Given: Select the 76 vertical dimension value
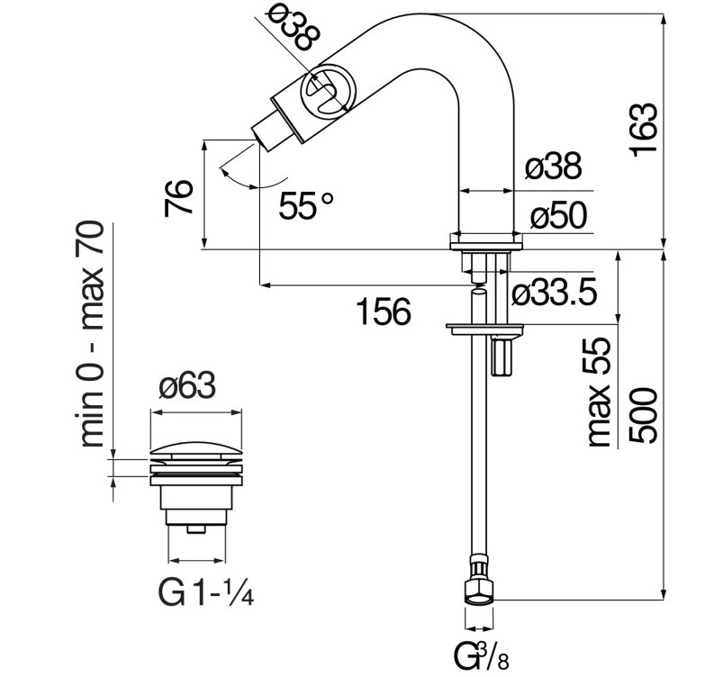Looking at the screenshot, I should click(181, 196).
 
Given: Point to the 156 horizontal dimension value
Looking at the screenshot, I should click(383, 311).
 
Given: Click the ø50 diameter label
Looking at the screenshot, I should click(557, 216).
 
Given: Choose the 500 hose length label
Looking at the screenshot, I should click(644, 417).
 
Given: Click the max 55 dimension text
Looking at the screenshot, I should click(600, 393).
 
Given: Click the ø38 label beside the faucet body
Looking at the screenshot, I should click(553, 167).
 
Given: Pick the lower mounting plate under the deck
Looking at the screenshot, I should click(485, 326).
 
